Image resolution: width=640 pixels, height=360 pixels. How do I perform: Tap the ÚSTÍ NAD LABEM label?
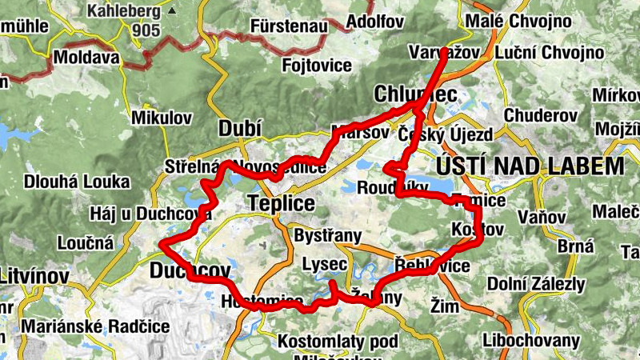[530, 166]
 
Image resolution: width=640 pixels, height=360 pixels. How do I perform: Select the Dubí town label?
[238, 129]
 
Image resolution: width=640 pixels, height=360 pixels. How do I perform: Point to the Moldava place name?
[86, 58]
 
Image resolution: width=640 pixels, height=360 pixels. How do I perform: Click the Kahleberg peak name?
[125, 12]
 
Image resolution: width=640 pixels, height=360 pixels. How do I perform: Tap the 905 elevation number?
[147, 30]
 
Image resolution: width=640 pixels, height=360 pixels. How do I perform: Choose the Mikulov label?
[162, 118]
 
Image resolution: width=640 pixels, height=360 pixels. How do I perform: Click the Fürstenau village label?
[289, 26]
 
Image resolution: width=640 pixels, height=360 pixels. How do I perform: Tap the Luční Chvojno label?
[550, 53]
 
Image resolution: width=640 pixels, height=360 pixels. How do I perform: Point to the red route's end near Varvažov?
[445, 51]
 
